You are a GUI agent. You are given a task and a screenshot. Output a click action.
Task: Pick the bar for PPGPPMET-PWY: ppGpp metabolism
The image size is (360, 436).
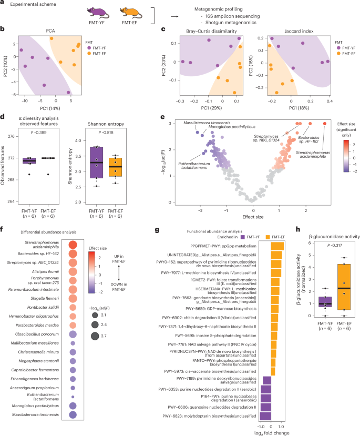[x=277, y=246]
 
